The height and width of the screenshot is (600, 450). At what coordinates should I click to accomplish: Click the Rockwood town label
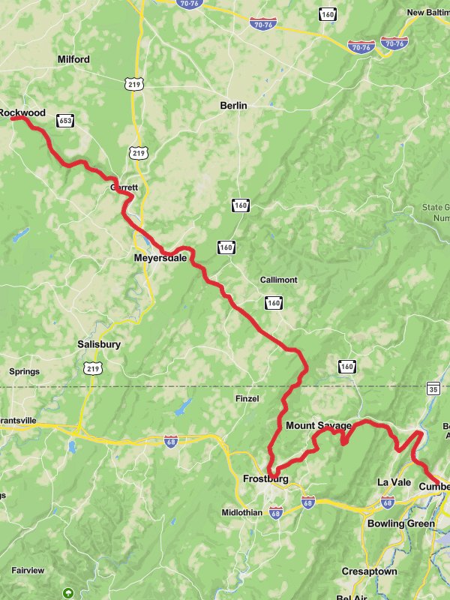point(22,113)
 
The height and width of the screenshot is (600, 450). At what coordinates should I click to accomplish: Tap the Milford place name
point(73,59)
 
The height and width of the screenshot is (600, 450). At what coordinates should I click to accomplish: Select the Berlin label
point(233,106)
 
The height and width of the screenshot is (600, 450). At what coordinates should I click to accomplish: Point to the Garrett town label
point(124,187)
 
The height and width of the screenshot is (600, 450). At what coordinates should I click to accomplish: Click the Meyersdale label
point(160,258)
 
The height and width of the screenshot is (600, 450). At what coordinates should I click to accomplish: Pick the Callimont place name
point(278,280)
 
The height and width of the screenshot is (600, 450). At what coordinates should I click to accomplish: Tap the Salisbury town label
point(99,344)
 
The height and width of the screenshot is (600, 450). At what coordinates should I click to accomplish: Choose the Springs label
point(24,371)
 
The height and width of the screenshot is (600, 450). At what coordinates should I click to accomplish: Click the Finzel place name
point(247,398)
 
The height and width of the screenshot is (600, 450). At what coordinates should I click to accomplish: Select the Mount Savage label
point(319,426)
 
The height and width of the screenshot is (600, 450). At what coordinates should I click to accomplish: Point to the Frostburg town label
point(265,478)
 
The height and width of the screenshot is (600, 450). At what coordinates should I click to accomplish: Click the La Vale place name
point(394,482)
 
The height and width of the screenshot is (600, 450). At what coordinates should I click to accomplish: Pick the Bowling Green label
point(400,523)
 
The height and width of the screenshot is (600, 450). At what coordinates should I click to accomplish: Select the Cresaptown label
point(369,571)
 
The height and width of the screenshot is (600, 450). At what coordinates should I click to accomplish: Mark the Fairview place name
point(28,570)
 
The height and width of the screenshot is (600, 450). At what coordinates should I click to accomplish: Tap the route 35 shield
point(433,388)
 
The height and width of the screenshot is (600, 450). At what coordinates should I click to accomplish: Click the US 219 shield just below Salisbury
point(93,367)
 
